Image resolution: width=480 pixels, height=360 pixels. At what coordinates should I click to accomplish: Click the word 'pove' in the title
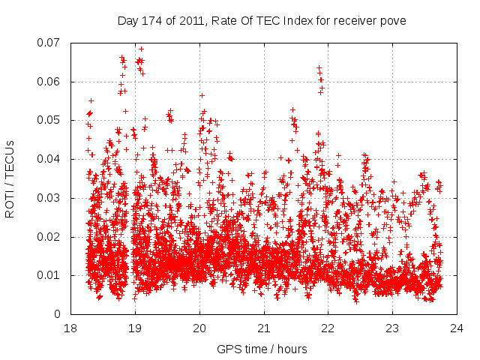392,21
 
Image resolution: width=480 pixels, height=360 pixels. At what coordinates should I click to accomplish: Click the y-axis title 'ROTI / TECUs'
10,178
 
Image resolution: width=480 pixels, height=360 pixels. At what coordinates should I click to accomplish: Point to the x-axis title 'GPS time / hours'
262,349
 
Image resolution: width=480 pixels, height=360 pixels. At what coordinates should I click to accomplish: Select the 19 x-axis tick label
135,328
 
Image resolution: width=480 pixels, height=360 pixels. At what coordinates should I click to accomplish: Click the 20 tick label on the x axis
199,328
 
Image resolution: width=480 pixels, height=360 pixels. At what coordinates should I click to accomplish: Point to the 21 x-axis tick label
263,328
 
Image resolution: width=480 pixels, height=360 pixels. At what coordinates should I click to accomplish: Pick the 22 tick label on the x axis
328,328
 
